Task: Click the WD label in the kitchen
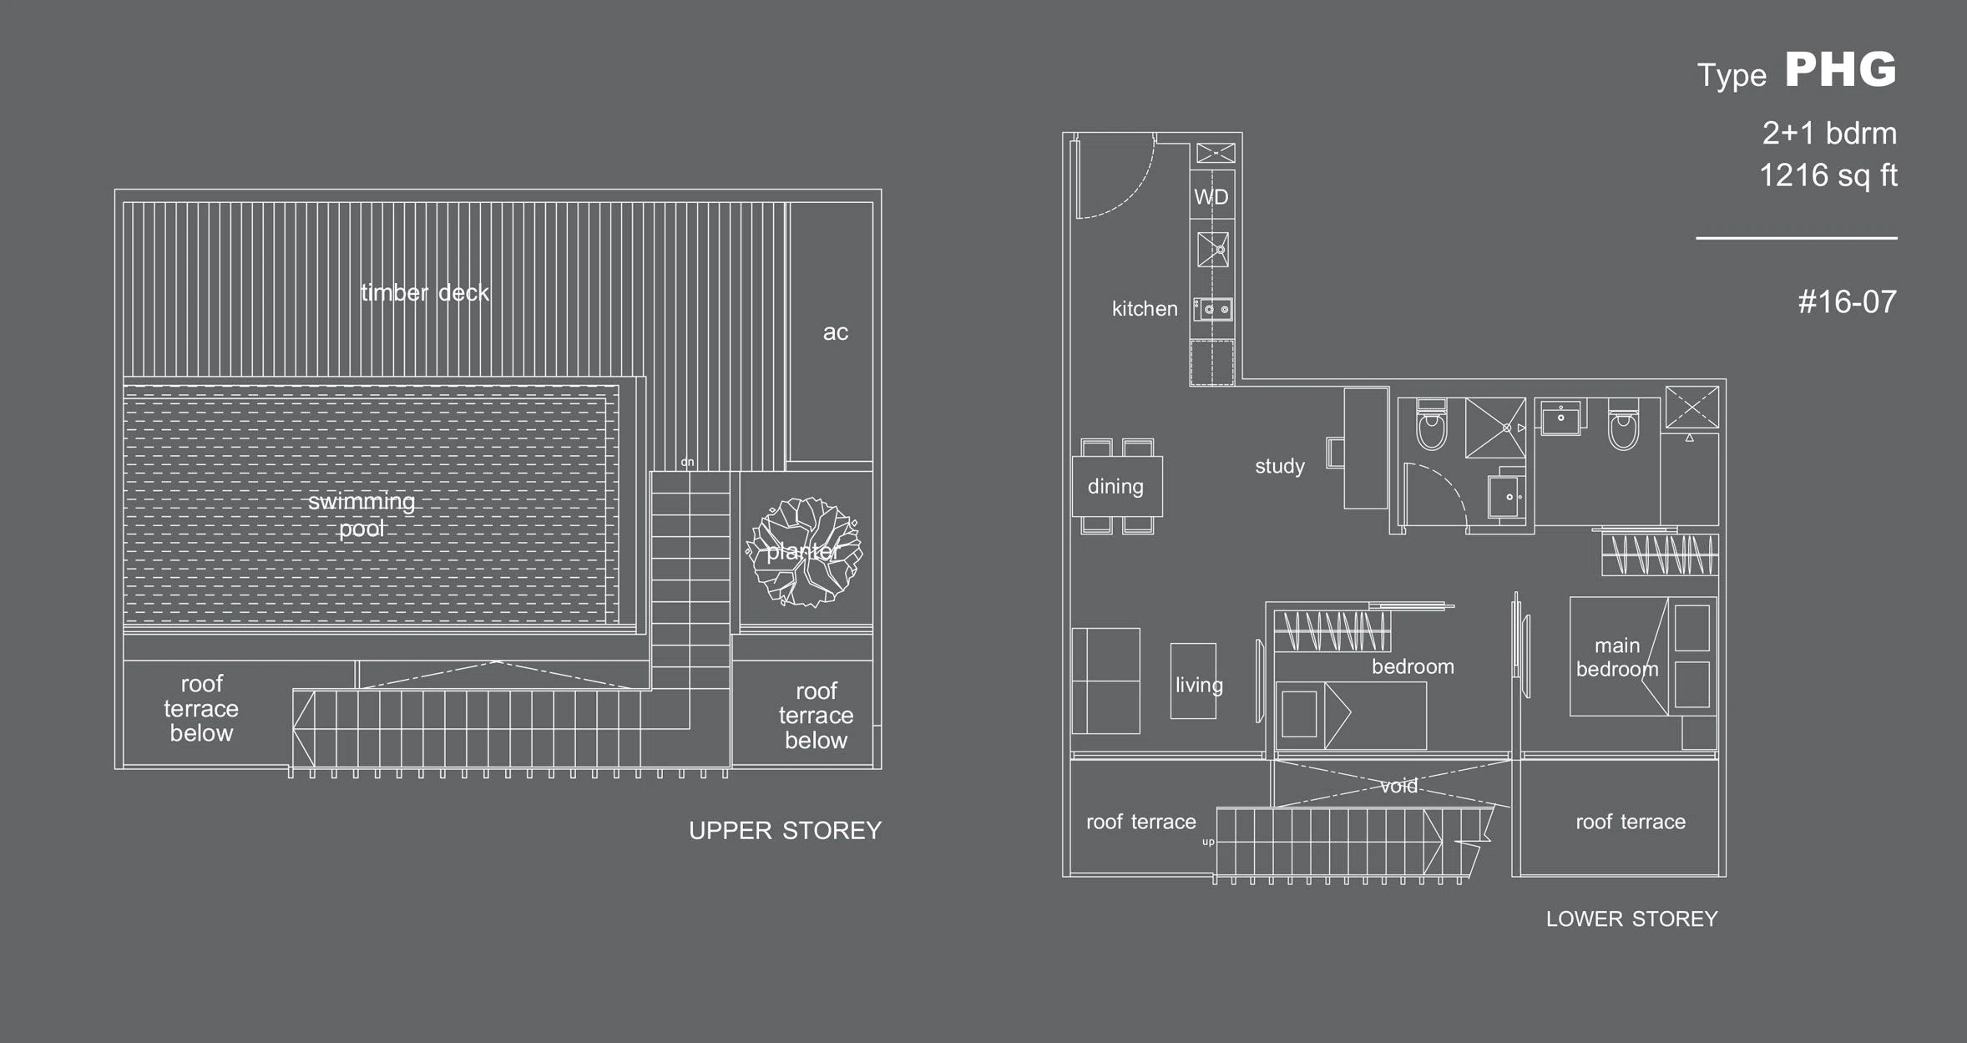[x=1211, y=197]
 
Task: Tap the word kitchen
[x=1145, y=309]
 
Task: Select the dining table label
[x=1115, y=486]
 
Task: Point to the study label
[x=1280, y=466]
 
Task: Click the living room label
[x=1199, y=685]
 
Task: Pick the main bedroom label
[x=1617, y=657]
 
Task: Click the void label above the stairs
[x=1398, y=786]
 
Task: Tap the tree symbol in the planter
[x=804, y=552]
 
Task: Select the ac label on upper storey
[x=836, y=332]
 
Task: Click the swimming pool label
[x=362, y=514]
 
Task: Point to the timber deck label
[x=425, y=292]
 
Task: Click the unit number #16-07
[x=1848, y=301]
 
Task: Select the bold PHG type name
[x=1841, y=69]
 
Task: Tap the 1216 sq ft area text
[x=1828, y=175]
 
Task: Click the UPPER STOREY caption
[x=785, y=830]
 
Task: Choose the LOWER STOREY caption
[x=1632, y=919]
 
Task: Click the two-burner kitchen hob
[x=1212, y=309]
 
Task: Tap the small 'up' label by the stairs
[x=1208, y=842]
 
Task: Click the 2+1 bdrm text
[x=1829, y=134]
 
